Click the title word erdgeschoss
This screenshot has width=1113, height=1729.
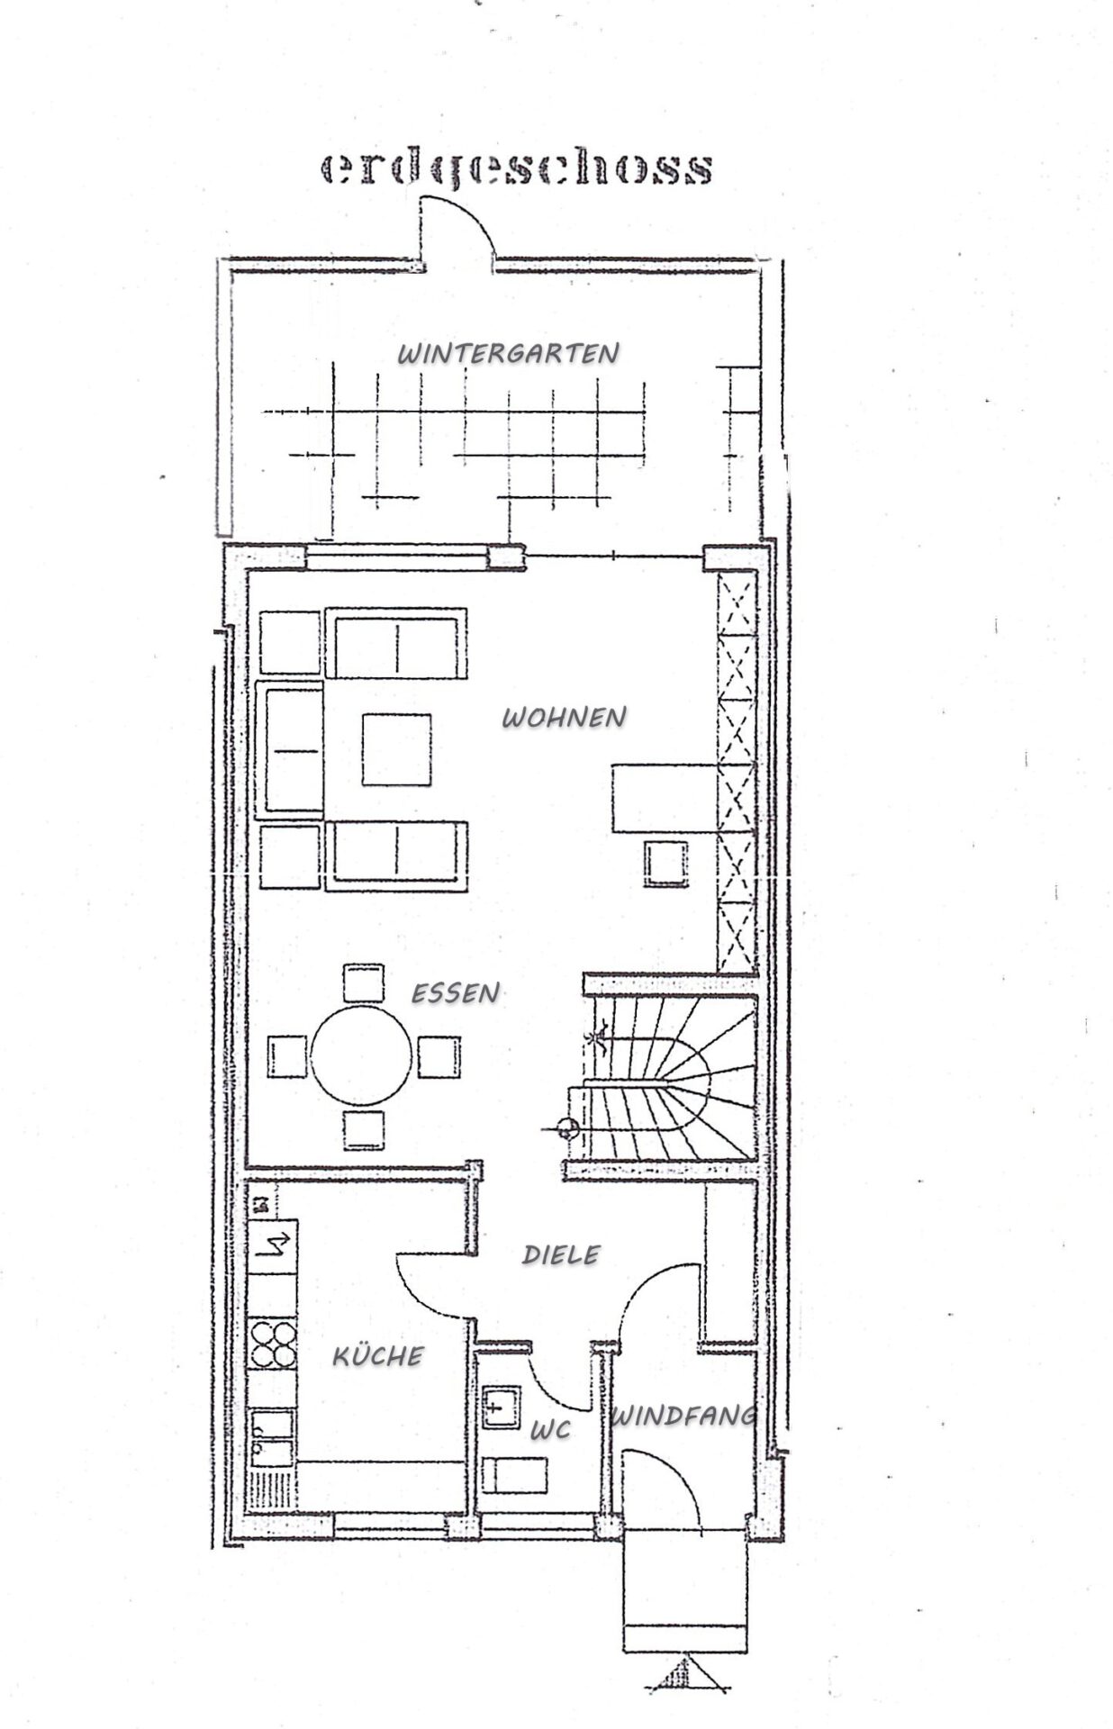tap(517, 168)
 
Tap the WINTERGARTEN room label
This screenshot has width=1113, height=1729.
tap(509, 353)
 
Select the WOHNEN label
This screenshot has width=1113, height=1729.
tap(564, 718)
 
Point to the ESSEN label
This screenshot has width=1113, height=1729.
tap(455, 992)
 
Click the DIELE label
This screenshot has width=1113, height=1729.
tap(561, 1254)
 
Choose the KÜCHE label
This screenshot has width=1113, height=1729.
tap(378, 1355)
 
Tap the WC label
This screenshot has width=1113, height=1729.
tap(550, 1430)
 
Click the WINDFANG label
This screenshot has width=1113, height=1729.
tap(683, 1417)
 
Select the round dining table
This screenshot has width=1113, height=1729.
tap(361, 1055)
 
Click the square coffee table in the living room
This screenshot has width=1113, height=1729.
tap(396, 749)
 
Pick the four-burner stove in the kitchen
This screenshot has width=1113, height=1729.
tap(273, 1343)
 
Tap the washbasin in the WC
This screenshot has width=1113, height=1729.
tap(502, 1408)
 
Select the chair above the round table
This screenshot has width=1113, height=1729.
tap(363, 983)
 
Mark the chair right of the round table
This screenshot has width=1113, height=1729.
tap(439, 1057)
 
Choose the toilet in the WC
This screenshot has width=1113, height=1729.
tap(514, 1475)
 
